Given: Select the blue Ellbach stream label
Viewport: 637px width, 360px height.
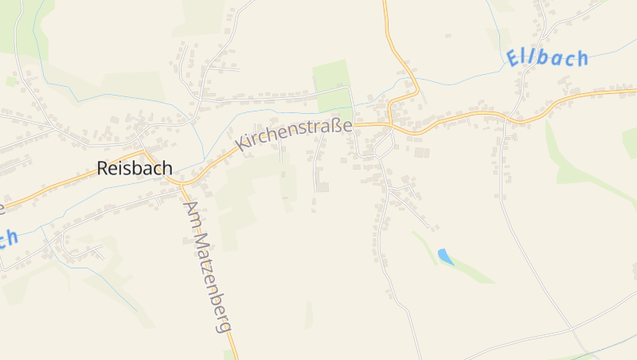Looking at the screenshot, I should tap(547, 58).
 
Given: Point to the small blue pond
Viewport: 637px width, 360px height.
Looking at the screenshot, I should tap(445, 256).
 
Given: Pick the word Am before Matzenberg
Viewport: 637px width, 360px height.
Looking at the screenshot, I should tap(192, 213).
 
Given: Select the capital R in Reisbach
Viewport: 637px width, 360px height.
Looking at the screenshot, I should tap(103, 169).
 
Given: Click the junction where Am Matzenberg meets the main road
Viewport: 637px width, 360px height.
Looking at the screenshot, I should tap(182, 185).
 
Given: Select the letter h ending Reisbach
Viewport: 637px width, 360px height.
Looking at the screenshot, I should tap(166, 168).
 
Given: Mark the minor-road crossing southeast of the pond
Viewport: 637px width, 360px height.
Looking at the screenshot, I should tap(572, 328).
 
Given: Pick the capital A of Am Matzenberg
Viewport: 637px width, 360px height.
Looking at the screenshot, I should tap(190, 206).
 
